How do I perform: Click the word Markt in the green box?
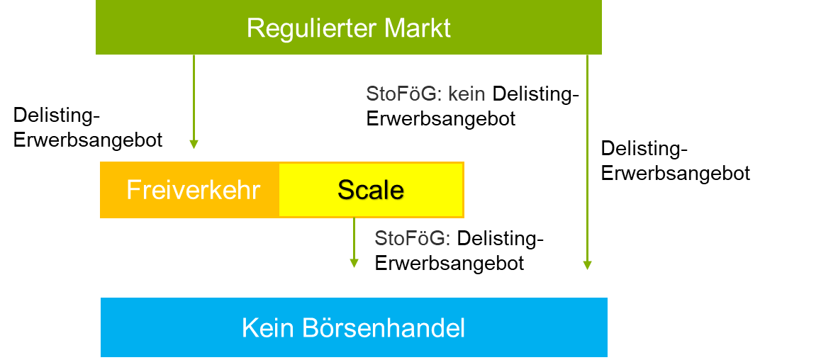[x=418, y=28]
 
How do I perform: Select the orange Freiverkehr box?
[x=190, y=190]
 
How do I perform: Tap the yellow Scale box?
[x=371, y=190]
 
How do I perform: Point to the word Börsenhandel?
[x=383, y=328]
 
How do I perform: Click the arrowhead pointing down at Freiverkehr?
[x=194, y=145]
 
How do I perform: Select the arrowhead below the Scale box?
[x=353, y=263]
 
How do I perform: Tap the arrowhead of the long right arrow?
[x=587, y=265]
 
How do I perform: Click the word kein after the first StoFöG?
[x=467, y=94]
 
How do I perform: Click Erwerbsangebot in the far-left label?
[x=88, y=140]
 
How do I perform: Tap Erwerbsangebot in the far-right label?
[x=676, y=173]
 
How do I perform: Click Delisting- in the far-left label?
[x=56, y=116]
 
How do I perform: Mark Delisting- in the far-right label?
[x=644, y=149]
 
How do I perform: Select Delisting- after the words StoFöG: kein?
[x=535, y=94]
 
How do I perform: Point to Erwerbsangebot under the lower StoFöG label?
[x=449, y=264]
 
